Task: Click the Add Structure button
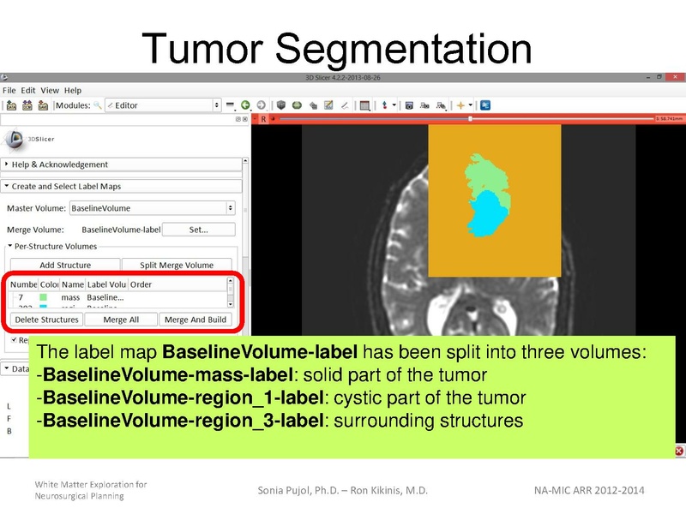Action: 64,265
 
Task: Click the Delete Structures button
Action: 47,320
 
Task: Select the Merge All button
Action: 121,320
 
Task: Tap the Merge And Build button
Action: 196,320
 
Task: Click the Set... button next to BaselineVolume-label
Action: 199,229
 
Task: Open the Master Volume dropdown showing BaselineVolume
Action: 152,207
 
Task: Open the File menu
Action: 9,90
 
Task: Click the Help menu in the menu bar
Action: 73,90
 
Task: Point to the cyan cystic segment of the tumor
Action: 486,214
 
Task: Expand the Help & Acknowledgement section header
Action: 60,164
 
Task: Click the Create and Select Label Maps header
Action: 66,186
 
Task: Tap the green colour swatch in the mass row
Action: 44,297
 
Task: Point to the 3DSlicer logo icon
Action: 15,138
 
